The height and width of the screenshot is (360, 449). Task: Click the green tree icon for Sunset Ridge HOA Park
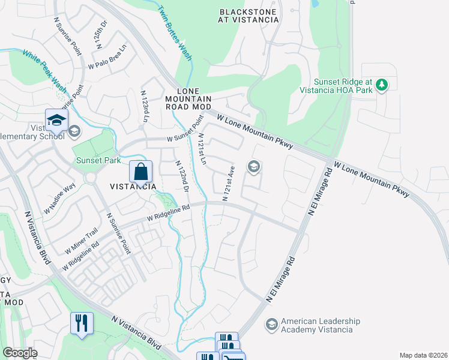[x=381, y=85]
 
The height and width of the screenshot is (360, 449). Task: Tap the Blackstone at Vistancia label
[x=249, y=16]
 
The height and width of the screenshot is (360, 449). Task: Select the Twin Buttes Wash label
[x=175, y=33]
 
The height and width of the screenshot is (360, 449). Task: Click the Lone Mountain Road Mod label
[x=189, y=98]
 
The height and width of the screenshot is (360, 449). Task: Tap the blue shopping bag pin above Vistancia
[x=140, y=172]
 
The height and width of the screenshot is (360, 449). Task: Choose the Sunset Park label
[x=98, y=160]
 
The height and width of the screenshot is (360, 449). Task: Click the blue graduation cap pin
[x=56, y=120]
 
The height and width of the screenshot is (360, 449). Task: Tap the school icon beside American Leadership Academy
[x=271, y=325]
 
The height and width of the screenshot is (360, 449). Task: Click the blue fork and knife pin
[x=81, y=323]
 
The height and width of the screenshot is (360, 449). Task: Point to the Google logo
[x=19, y=353]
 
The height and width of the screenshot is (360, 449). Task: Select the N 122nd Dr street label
[x=182, y=176]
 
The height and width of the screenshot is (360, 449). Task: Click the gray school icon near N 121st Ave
[x=254, y=166]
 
